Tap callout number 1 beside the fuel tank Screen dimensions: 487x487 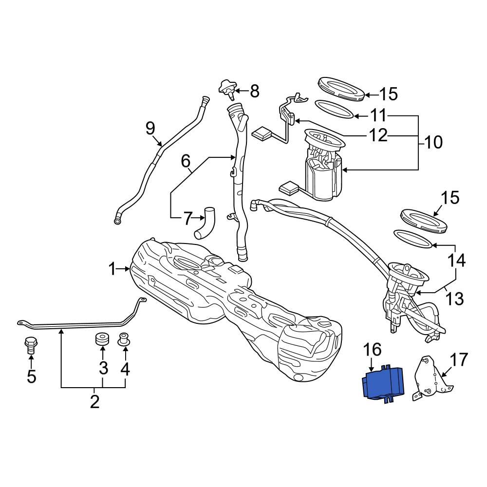click(x=112, y=268)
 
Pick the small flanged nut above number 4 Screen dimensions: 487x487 click(x=125, y=340)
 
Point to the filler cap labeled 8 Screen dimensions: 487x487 click(x=227, y=88)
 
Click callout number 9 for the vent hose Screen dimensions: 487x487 click(x=150, y=129)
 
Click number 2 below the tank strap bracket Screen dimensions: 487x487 click(x=94, y=402)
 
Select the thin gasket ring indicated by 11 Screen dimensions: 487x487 click(x=334, y=109)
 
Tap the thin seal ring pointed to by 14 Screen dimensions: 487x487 click(x=412, y=239)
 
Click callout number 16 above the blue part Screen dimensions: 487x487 click(x=372, y=350)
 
